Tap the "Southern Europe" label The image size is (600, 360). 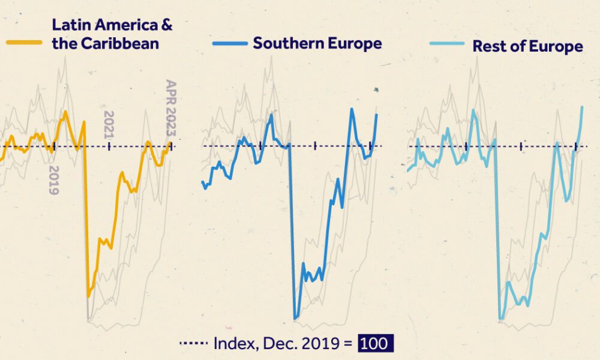pos(317,43)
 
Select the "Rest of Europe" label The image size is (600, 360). pos(527,46)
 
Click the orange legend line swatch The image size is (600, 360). pos(24,43)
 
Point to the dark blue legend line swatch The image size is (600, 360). pos(229,44)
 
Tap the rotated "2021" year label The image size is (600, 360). pos(109,125)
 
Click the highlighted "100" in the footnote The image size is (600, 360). pos(376,343)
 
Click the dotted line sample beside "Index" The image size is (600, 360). pos(193,344)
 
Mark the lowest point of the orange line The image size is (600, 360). pos(89,296)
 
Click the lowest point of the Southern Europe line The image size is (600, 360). pos(295,318)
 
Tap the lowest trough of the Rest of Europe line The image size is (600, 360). pos(501,319)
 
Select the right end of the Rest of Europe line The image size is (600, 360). pos(582,107)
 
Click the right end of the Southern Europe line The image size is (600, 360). pos(377,115)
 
